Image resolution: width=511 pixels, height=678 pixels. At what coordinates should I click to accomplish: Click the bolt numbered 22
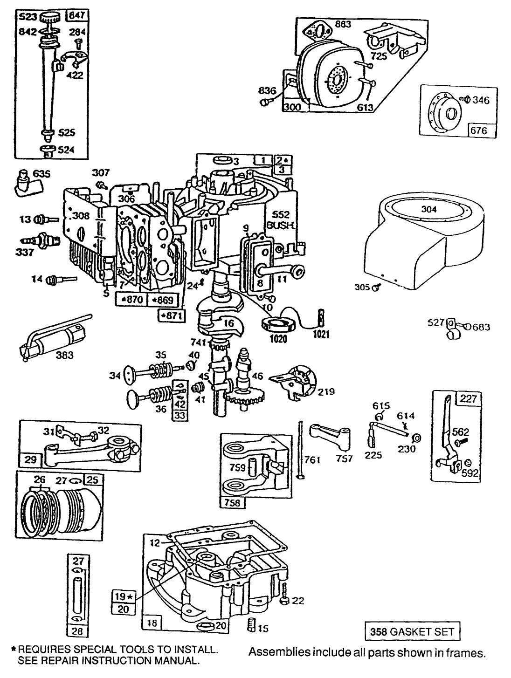tap(285, 601)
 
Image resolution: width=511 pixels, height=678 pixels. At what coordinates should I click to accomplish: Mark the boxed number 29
tap(31, 459)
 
